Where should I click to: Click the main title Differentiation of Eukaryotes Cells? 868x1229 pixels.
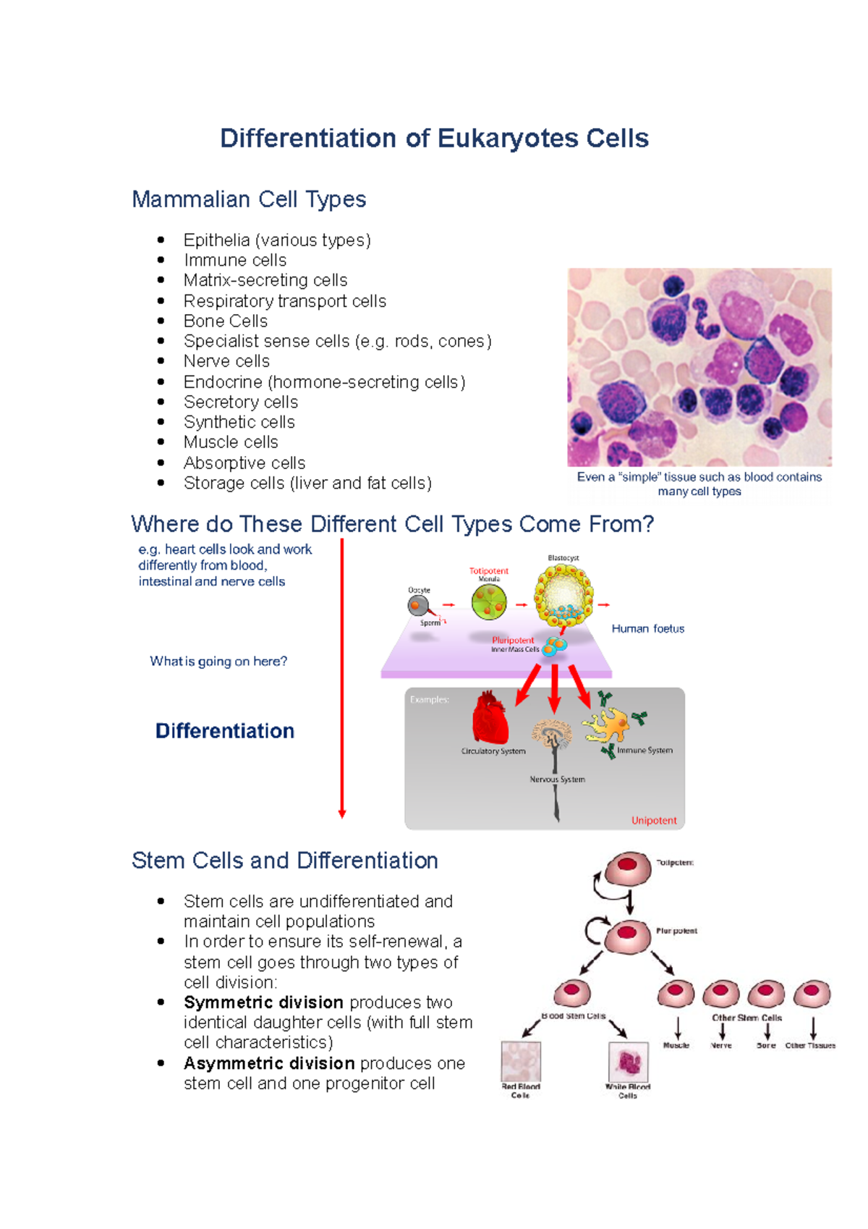pos(434,138)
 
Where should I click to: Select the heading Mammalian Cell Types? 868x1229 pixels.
pos(249,199)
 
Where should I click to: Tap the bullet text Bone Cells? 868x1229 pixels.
pos(225,321)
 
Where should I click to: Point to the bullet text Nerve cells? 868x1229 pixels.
pos(226,361)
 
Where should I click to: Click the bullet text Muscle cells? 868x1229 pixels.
pos(231,442)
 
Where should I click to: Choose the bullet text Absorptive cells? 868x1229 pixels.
pos(244,463)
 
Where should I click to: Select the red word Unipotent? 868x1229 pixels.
pos(654,820)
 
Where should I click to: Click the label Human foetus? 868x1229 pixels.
pos(647,628)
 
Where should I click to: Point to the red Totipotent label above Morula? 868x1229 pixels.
pos(489,571)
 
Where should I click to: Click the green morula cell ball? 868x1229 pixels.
pos(489,601)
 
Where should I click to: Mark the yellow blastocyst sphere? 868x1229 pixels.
pos(563,594)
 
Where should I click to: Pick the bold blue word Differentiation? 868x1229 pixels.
pos(225,731)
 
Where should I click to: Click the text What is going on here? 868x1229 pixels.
pos(218,661)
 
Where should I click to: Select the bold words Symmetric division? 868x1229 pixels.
pos(263,1002)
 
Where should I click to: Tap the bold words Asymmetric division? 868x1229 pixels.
pos(269,1063)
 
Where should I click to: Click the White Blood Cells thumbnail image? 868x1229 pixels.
pos(628,1062)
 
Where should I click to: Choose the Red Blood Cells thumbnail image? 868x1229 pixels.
pos(521,1062)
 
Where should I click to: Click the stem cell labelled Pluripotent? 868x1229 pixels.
pos(627,937)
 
